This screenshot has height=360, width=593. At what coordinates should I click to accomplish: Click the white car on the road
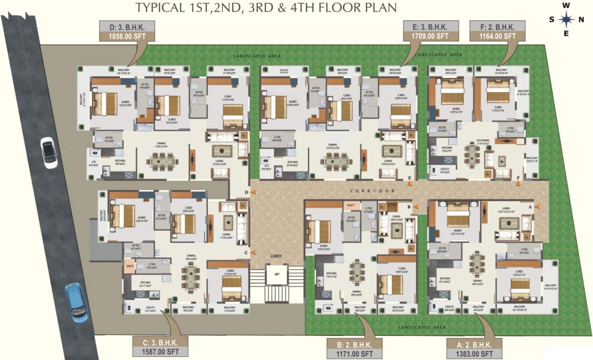(x=49, y=152)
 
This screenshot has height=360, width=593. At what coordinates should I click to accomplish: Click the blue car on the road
(x=76, y=302)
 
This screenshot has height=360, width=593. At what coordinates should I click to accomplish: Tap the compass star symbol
(x=567, y=19)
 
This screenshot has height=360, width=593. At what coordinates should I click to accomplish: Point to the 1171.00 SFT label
(x=355, y=353)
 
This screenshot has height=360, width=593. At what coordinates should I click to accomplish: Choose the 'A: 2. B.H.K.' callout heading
(x=474, y=345)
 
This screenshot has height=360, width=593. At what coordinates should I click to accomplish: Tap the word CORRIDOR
(x=372, y=191)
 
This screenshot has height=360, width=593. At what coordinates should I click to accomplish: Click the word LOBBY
(x=276, y=256)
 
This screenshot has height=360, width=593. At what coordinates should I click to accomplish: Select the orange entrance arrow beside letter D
(x=253, y=192)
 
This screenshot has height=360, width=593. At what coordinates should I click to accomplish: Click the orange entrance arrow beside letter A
(x=537, y=205)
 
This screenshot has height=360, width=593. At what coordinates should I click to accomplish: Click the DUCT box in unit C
(x=130, y=266)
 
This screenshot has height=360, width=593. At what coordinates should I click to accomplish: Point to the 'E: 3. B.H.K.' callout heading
(x=429, y=26)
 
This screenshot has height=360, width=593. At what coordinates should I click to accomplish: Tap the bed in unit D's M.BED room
(x=105, y=104)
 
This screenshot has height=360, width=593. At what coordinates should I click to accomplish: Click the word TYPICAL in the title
(x=156, y=7)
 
